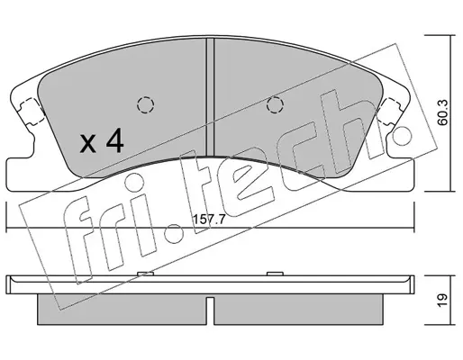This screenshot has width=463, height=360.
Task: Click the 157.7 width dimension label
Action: click(209, 220)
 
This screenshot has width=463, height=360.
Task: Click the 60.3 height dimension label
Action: click(442, 112)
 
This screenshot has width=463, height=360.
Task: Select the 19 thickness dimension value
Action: click(442, 300)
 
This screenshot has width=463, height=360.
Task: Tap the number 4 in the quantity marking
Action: click(114, 140)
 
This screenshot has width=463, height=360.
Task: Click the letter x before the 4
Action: click(88, 143)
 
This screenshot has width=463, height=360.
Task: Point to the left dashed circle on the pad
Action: click(146, 105)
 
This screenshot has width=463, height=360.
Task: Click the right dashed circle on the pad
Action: click(276, 105)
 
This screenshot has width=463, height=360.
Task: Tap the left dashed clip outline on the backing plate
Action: click(32, 112)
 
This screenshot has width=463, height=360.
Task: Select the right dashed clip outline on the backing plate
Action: click(389, 112)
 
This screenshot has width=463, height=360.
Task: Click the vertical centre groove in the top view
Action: click(210, 97)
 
